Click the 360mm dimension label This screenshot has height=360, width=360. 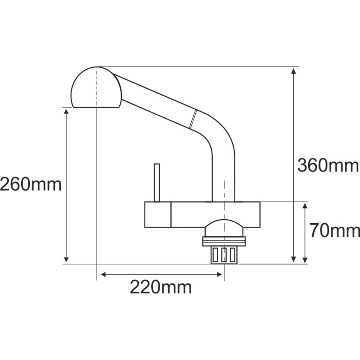click(328, 165)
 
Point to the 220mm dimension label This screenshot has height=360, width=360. click(161, 287)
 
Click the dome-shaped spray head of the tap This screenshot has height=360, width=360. click(96, 87)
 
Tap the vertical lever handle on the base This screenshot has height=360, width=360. click(157, 183)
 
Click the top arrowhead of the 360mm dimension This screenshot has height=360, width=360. click(293, 71)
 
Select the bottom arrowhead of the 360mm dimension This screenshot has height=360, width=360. click(293, 259)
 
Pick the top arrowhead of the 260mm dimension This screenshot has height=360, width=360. click(66, 112)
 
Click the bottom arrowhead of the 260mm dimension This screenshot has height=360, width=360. click(66, 259)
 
